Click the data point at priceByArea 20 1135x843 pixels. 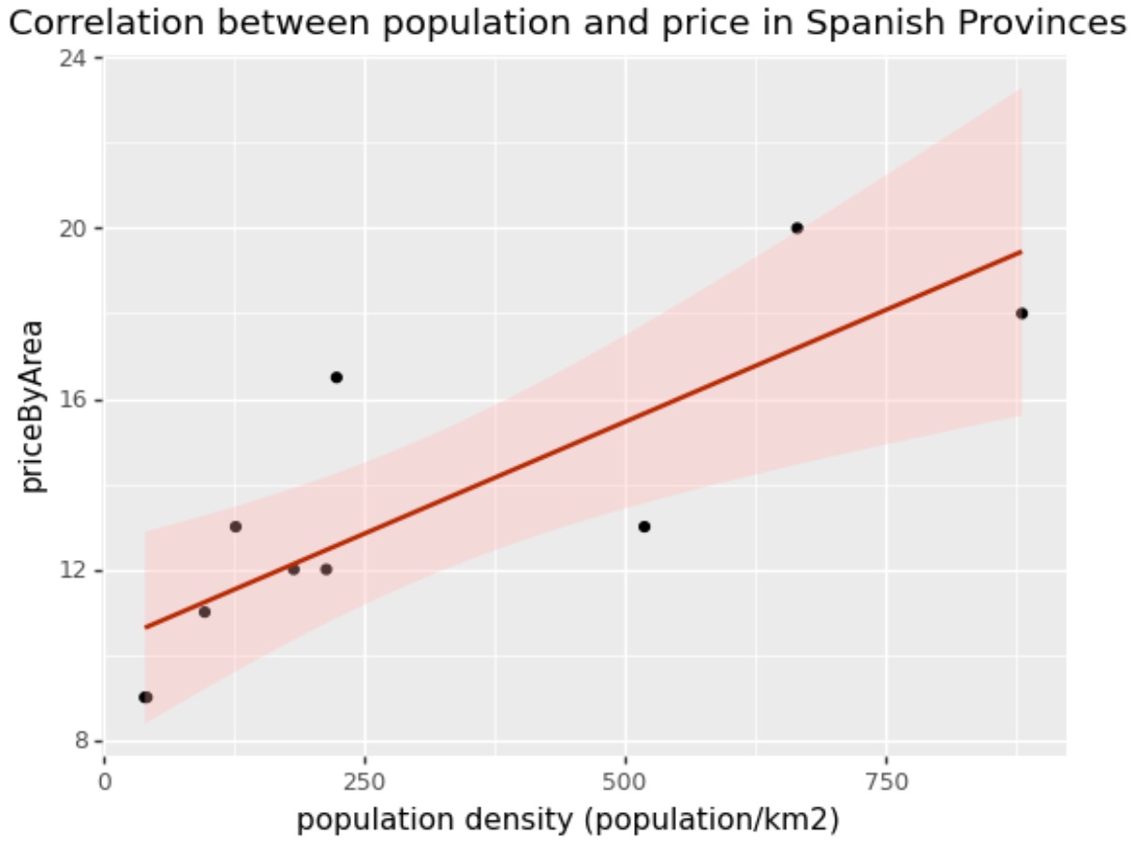[797, 228]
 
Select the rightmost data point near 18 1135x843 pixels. [1022, 313]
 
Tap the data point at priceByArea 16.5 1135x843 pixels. [336, 377]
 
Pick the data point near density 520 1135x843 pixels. [644, 526]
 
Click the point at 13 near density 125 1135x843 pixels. [235, 526]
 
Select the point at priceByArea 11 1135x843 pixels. [204, 612]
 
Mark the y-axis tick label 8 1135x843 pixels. [82, 741]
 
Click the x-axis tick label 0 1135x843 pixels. [105, 782]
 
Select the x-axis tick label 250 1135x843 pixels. [364, 782]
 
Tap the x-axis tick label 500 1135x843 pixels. [625, 782]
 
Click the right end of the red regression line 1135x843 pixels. [1020, 252]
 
